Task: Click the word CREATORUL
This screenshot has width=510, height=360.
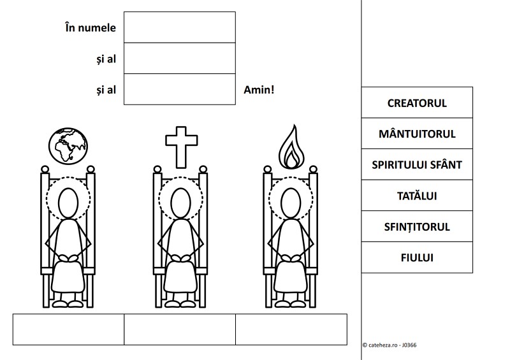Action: click(417, 103)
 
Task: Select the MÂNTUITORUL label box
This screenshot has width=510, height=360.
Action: click(417, 133)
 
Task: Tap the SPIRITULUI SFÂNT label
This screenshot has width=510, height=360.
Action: click(417, 164)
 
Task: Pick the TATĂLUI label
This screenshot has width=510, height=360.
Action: click(417, 196)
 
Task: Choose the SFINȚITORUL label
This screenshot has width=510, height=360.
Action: click(417, 226)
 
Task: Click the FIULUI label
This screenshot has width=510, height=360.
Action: click(417, 257)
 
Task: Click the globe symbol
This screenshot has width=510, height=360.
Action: click(68, 146)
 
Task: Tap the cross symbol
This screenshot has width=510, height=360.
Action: click(181, 147)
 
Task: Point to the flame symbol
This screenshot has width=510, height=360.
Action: click(291, 147)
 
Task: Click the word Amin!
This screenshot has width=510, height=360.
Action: click(259, 90)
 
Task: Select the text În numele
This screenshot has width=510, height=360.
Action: click(91, 27)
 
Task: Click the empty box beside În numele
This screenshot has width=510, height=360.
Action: click(180, 27)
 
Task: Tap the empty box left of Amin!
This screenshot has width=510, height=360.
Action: click(180, 89)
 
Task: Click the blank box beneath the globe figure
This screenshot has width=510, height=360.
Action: click(68, 329)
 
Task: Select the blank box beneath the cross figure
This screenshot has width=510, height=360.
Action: click(180, 329)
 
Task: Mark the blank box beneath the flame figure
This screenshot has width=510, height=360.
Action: click(291, 329)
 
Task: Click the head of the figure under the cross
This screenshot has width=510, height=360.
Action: click(180, 203)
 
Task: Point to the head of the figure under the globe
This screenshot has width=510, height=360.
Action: click(68, 203)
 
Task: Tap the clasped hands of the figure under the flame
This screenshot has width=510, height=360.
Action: click(291, 258)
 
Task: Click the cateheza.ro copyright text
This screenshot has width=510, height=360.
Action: click(390, 345)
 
